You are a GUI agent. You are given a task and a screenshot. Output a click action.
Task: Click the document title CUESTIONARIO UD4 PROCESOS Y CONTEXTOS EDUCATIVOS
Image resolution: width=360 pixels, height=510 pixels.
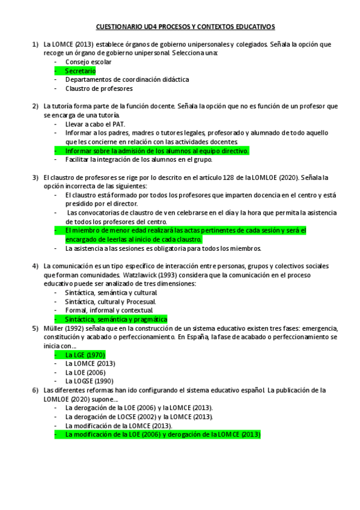(185, 27)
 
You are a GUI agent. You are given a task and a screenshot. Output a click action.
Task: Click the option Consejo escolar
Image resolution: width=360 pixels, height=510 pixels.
(88, 62)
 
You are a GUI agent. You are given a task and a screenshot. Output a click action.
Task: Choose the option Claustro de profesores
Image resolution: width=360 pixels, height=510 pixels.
(99, 88)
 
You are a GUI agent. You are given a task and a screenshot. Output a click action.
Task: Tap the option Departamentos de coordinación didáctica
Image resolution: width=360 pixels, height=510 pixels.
(127, 79)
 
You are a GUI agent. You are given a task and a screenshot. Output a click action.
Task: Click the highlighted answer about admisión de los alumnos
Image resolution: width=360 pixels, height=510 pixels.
(156, 151)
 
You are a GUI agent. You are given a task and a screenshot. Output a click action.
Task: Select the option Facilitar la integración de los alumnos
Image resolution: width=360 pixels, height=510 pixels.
(139, 160)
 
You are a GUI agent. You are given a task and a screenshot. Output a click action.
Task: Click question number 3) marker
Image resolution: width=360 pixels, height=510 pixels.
(35, 177)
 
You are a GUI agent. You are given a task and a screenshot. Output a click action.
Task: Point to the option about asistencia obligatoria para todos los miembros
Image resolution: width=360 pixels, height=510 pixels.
(163, 248)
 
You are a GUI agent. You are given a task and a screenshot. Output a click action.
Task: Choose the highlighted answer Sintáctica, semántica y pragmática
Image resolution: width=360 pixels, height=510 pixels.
(116, 319)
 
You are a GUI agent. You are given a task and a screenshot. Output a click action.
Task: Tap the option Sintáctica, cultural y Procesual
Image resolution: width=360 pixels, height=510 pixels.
(111, 301)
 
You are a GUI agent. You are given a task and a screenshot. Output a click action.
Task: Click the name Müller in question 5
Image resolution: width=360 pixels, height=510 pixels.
(53, 328)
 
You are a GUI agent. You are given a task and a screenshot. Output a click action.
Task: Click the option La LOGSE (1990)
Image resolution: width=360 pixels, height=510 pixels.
(90, 381)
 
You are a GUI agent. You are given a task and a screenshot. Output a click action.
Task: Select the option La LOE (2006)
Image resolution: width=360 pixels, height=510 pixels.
(86, 372)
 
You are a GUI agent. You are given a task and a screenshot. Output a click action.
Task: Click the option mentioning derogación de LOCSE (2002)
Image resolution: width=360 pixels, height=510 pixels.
(139, 416)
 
